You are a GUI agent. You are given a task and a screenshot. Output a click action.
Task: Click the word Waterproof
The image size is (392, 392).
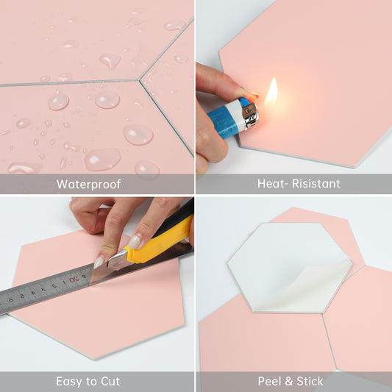(89, 185)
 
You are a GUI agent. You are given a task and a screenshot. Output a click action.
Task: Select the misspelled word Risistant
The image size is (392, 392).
(316, 184)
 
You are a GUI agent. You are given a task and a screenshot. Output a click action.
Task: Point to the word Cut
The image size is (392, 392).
(110, 382)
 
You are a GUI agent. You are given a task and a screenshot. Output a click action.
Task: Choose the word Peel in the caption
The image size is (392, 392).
(268, 382)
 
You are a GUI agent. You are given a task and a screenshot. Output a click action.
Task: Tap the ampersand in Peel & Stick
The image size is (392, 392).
(288, 382)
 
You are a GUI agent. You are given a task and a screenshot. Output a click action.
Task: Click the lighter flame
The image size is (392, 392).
(271, 90)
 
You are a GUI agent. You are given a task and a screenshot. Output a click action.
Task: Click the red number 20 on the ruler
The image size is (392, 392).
(73, 279)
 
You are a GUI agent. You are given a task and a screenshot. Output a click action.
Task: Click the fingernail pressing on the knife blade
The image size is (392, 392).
(99, 263)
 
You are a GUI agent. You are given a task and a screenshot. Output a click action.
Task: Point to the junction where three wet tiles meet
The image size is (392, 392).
(139, 79)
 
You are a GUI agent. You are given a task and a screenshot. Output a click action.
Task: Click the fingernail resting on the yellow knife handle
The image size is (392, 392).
(135, 242)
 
